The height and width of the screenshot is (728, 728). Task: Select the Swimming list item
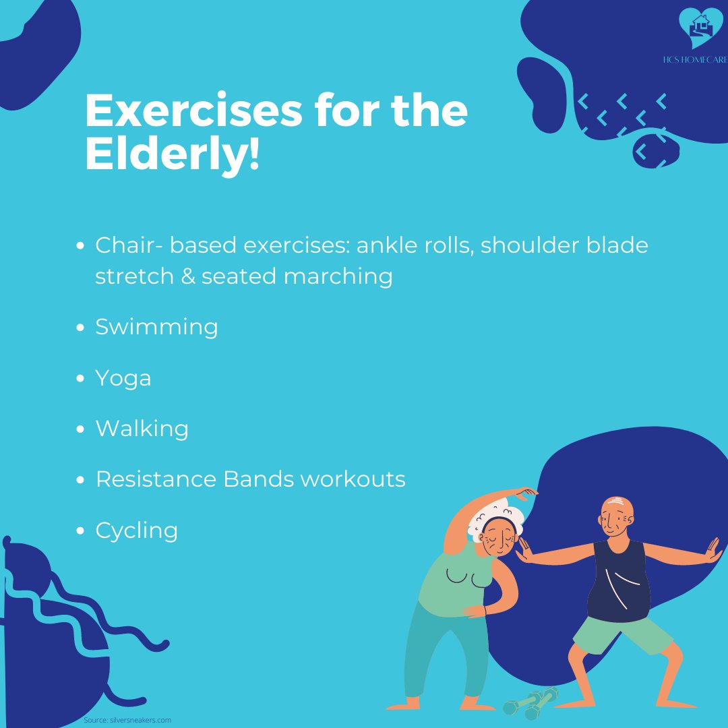point(156,327)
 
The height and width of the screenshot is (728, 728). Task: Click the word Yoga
point(123,378)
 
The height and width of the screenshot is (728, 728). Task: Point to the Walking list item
point(142,429)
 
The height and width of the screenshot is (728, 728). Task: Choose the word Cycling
point(137,530)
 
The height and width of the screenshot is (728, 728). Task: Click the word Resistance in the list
point(156,479)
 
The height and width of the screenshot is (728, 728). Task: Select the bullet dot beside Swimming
point(80,328)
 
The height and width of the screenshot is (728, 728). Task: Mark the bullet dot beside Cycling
point(80,531)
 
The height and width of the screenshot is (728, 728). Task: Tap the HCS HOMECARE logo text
point(695,60)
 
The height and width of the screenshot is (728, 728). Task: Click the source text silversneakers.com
point(141,720)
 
